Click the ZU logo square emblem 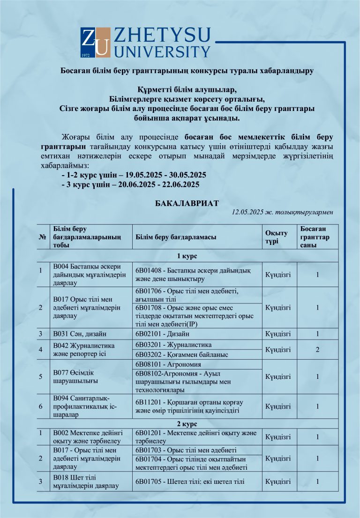tap(95, 43)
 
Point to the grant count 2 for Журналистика tap(317, 349)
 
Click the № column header tap(42, 237)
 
